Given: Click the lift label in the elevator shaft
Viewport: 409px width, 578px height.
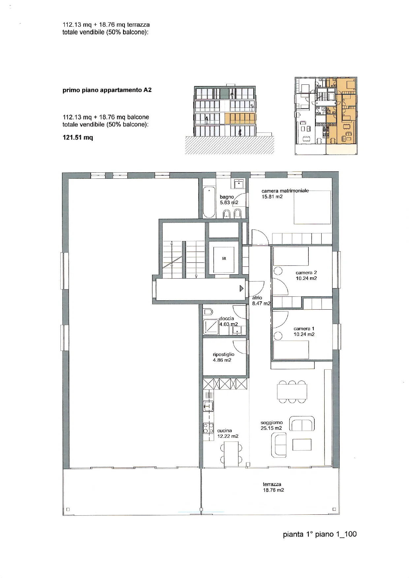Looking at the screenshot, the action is click(x=224, y=259).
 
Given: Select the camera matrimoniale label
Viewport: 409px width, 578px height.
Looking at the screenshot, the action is click(x=285, y=191).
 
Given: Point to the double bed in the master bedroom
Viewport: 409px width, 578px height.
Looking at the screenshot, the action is click(x=312, y=207).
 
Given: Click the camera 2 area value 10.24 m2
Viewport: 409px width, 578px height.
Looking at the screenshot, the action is click(x=306, y=278).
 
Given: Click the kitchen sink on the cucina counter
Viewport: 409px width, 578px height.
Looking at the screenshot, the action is click(x=208, y=406).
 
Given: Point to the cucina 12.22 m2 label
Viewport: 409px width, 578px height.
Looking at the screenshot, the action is click(x=228, y=433).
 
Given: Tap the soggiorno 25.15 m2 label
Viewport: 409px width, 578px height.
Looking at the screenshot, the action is click(x=271, y=425).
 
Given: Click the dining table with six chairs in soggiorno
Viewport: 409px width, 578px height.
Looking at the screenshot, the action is click(x=292, y=392).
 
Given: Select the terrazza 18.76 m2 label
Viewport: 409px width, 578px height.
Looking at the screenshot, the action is click(x=273, y=487).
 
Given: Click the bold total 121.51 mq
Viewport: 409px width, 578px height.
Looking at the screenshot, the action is click(x=78, y=137).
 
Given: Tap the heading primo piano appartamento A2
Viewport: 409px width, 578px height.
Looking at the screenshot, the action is click(x=107, y=90).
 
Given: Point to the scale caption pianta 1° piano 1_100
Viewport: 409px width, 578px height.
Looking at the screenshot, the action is click(x=320, y=534).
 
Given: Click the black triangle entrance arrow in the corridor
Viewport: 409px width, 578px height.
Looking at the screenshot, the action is click(x=241, y=289).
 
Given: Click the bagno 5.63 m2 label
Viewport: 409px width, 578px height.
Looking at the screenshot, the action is click(x=229, y=199).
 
